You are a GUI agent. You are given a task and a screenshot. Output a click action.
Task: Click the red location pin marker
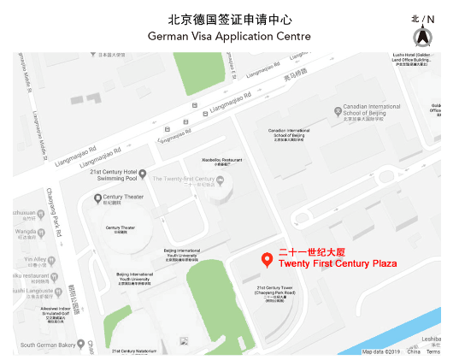click(267, 259)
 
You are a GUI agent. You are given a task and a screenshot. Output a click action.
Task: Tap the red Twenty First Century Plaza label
click(338, 263)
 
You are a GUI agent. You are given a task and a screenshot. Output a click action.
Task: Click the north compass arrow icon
click(422, 37)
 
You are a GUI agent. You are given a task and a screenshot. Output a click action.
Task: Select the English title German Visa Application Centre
click(229, 37)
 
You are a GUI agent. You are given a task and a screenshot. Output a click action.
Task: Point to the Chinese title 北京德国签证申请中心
click(229, 18)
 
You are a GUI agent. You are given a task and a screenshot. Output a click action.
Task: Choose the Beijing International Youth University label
click(181, 253)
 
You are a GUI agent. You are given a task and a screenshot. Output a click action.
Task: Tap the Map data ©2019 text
click(381, 351)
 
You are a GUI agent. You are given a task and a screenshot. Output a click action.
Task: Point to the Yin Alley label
click(35, 259)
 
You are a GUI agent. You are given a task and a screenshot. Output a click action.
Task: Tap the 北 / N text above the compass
click(422, 19)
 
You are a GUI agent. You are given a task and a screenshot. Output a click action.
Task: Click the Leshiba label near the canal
click(430, 338)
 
